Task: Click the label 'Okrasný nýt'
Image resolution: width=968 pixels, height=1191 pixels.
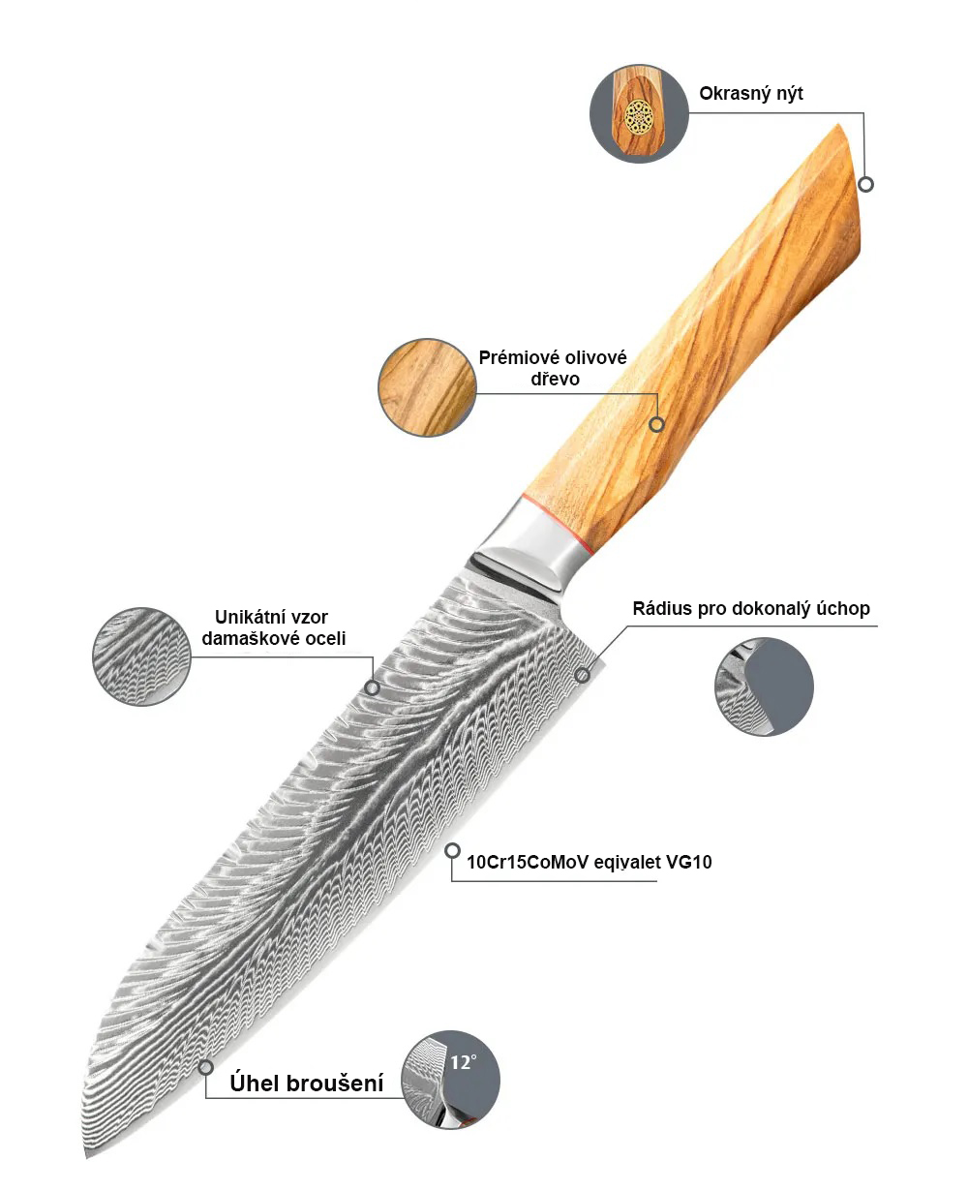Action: [x=751, y=94]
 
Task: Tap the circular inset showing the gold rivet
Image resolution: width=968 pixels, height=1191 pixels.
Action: [x=639, y=114]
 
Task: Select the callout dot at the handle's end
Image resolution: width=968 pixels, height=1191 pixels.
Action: [x=866, y=183]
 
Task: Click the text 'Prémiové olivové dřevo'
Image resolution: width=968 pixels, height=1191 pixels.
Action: [x=553, y=368]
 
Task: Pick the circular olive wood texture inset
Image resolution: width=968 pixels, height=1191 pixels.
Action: [x=427, y=386]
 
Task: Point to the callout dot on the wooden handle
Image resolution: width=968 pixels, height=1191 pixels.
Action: [x=656, y=424]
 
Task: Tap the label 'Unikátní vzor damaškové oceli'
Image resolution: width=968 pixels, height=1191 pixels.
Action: [x=280, y=627]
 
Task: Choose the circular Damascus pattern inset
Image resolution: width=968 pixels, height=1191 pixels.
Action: [x=141, y=657]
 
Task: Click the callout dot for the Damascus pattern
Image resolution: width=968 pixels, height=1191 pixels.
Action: [x=372, y=687]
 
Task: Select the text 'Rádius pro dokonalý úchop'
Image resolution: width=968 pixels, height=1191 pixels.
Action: [x=751, y=609]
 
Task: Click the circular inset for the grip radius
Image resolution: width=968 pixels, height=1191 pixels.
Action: [x=764, y=687]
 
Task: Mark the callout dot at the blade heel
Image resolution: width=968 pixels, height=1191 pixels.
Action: [x=582, y=675]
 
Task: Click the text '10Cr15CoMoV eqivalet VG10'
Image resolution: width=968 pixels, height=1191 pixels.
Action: [x=589, y=862]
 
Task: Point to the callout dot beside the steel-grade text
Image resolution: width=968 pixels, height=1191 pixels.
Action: [x=452, y=850]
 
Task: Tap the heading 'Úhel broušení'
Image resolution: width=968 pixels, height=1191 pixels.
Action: [x=306, y=1083]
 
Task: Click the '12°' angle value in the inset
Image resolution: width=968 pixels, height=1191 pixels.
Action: [x=463, y=1062]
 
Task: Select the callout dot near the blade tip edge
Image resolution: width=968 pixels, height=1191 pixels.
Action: [x=205, y=1067]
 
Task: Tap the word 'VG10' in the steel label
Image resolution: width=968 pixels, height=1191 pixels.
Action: [x=689, y=862]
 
